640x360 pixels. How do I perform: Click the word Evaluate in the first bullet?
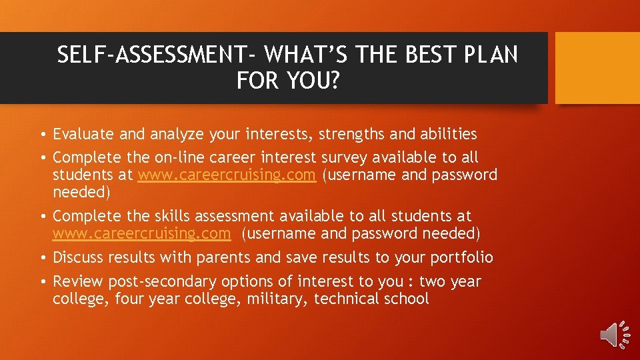click(84, 135)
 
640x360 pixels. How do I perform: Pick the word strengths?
click(351, 135)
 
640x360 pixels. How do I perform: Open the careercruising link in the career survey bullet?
click(227, 175)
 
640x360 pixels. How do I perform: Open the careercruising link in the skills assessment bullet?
click(142, 234)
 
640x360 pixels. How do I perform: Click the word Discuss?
click(78, 257)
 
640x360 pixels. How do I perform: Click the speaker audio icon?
click(615, 334)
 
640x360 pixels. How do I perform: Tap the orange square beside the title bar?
click(597, 68)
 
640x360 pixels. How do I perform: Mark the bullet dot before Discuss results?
click(42, 258)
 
